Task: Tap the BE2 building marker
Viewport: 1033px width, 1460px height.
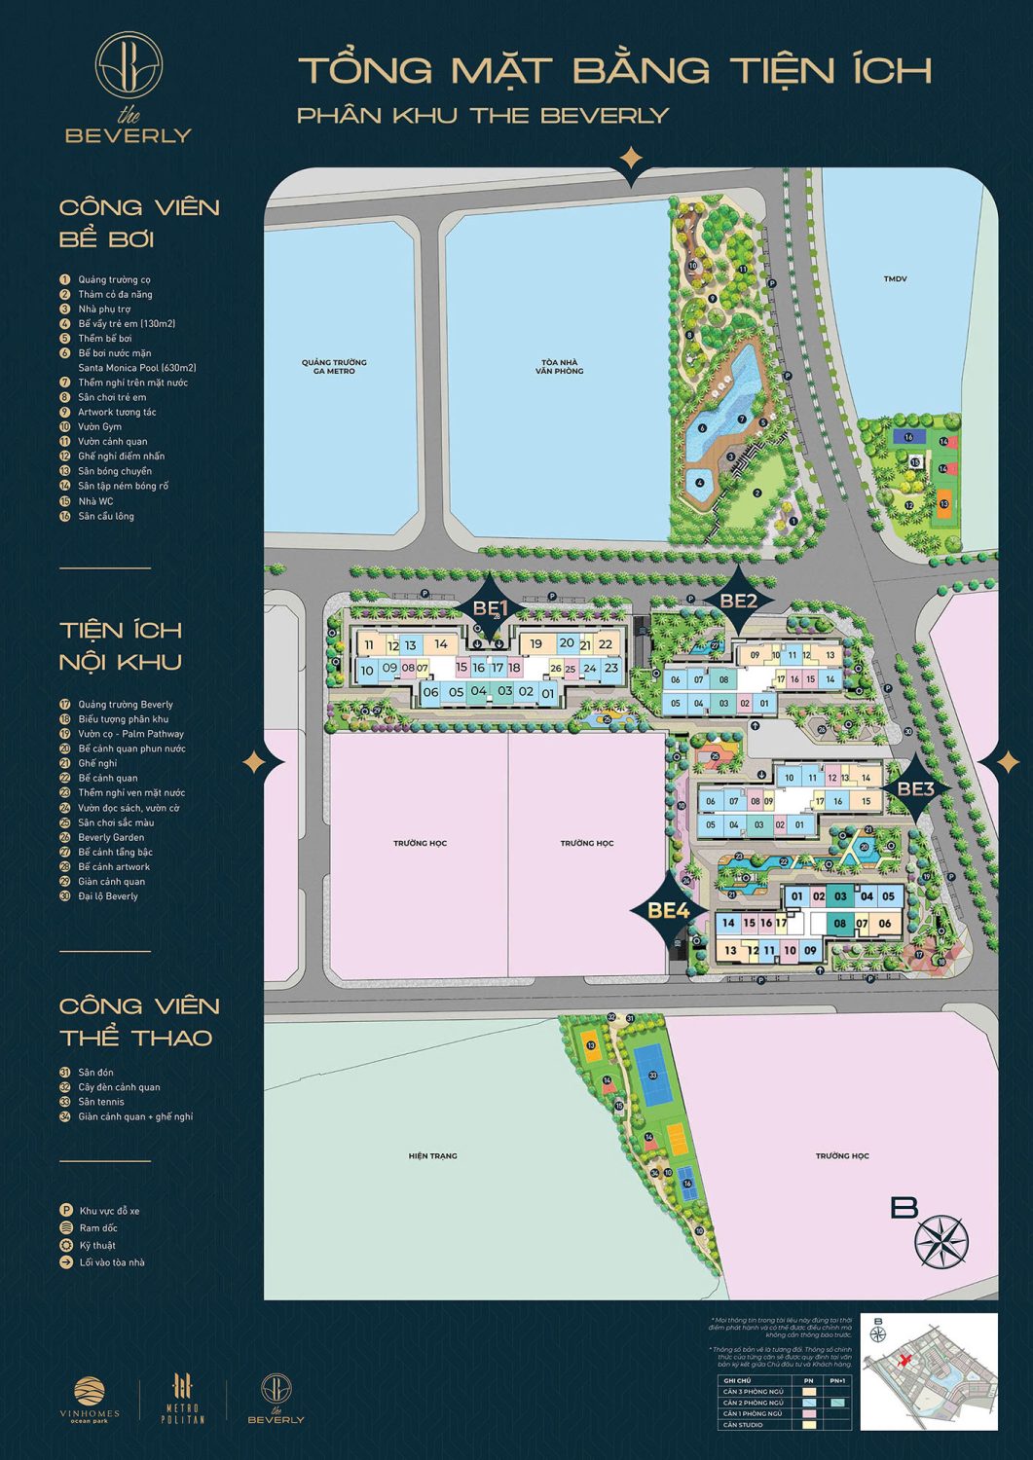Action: point(738,601)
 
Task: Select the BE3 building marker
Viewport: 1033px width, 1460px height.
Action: point(915,788)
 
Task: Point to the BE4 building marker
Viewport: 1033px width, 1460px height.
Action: point(669,910)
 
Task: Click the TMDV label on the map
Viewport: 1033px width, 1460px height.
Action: point(895,279)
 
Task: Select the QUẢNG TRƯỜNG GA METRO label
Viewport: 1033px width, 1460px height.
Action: point(334,367)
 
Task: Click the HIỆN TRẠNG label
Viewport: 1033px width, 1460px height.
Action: point(432,1155)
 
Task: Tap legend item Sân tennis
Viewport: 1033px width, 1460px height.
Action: point(101,1102)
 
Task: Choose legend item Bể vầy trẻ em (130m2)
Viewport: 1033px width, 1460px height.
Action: point(127,323)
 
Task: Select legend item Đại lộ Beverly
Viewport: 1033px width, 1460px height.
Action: point(108,896)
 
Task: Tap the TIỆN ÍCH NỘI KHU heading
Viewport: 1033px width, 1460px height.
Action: point(121,645)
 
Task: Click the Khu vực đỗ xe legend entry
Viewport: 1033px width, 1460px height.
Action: point(109,1211)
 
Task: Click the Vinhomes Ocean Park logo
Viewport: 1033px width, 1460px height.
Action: point(96,1402)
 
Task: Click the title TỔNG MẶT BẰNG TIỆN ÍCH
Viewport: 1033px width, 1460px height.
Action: point(614,70)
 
